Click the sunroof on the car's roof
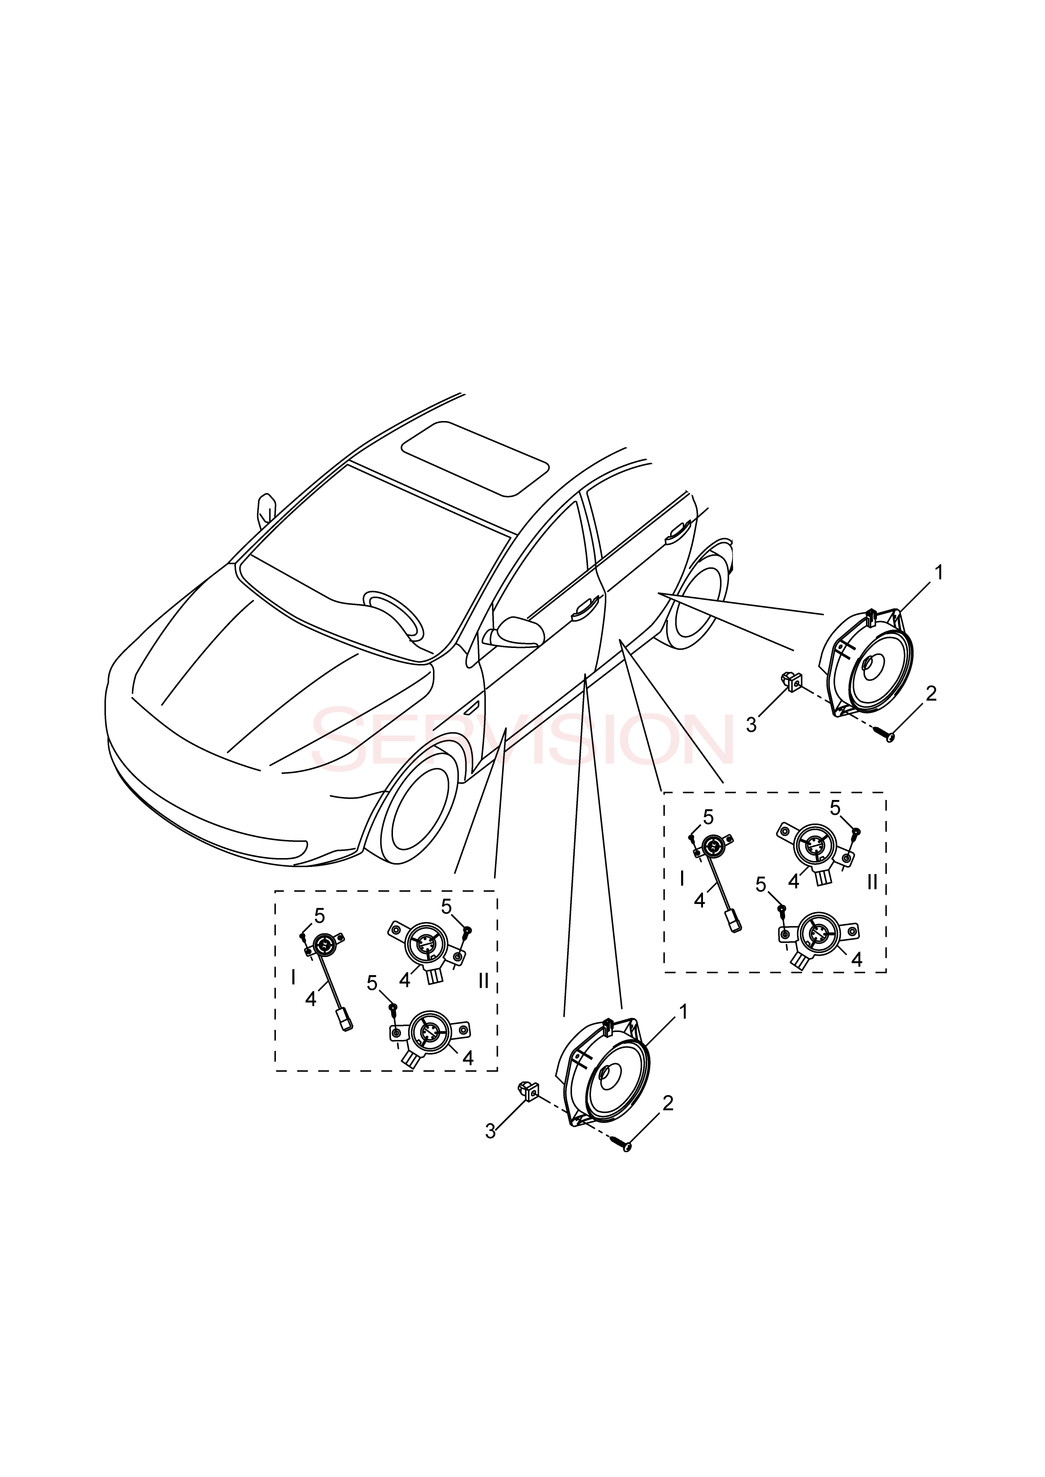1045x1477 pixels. [475, 459]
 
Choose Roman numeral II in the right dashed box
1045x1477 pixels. [872, 881]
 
